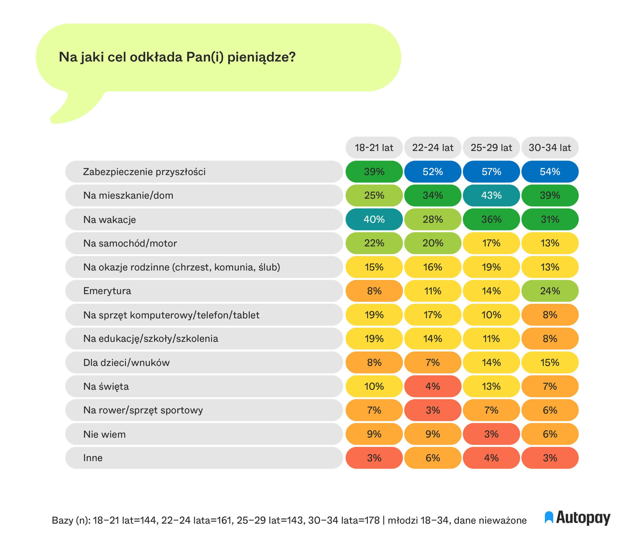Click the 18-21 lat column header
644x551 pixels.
click(374, 147)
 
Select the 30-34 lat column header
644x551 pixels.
click(550, 147)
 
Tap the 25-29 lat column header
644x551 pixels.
click(491, 147)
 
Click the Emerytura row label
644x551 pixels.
click(107, 291)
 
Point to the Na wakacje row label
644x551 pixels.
click(109, 219)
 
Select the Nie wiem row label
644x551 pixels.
click(104, 434)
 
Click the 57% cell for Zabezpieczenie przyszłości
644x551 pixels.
click(491, 171)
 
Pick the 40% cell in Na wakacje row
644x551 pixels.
click(374, 219)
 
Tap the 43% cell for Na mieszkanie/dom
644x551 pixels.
click(491, 195)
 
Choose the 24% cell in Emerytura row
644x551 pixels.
click(550, 291)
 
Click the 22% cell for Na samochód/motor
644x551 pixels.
click(374, 243)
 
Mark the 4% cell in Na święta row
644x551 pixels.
click(433, 386)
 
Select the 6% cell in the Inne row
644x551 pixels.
click(433, 458)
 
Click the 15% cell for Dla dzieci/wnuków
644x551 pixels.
click(550, 362)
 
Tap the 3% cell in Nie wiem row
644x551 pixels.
click(491, 434)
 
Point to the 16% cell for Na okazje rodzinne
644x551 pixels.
click(433, 267)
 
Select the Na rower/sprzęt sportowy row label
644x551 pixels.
click(143, 410)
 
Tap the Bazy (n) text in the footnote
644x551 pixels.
click(71, 520)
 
